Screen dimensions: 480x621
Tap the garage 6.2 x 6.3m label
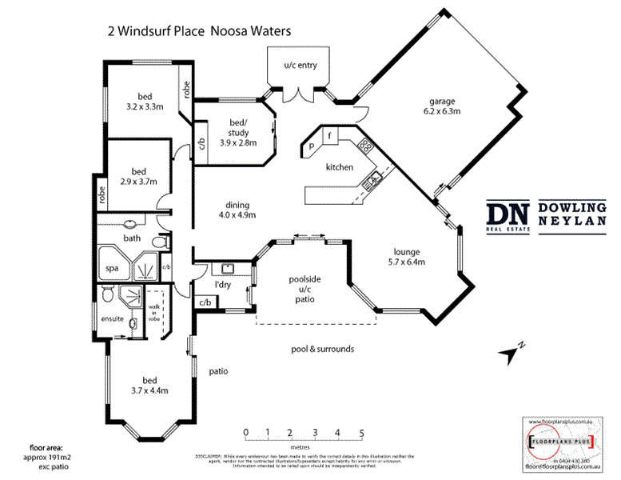pyautogui.click(x=441, y=107)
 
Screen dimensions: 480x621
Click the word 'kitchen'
pyautogui.click(x=339, y=168)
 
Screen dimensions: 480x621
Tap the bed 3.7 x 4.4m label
pyautogui.click(x=149, y=384)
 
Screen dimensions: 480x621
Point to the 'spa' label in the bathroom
pyautogui.click(x=112, y=269)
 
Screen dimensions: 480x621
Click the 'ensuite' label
pyautogui.click(x=111, y=318)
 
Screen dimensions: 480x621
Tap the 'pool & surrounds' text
pyautogui.click(x=322, y=349)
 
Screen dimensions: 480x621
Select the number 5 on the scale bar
pyautogui.click(x=362, y=433)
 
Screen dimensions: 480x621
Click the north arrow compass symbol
pyautogui.click(x=509, y=350)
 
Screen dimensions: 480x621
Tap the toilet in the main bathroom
pyautogui.click(x=158, y=242)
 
